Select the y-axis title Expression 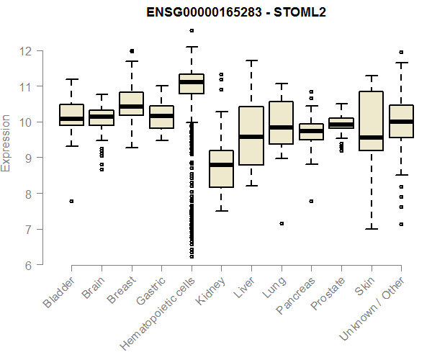coord(6,143)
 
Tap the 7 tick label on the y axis coord(26,230)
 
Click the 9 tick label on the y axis coord(26,158)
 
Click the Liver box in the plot coord(251,135)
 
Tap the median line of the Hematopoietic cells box coord(191,82)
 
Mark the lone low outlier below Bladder coord(71,202)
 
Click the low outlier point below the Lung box coord(281,223)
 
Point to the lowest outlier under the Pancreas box coord(310,202)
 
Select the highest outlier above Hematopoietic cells coord(191,30)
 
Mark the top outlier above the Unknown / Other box coord(401,52)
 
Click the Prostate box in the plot coord(341,123)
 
